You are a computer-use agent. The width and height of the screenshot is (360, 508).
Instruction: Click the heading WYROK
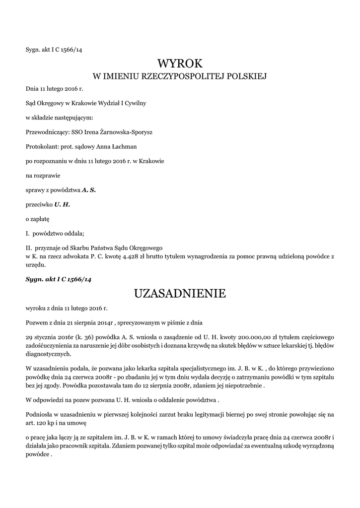[x=180, y=63]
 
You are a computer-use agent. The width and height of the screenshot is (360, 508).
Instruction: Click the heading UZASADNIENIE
[x=180, y=293]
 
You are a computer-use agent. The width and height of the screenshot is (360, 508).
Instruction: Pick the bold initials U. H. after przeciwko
[x=63, y=204]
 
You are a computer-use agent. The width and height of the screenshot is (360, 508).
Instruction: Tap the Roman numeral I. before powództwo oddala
[x=28, y=233]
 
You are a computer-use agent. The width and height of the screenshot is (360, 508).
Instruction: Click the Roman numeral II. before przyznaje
[x=29, y=248]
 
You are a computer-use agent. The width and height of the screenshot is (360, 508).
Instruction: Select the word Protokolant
[x=41, y=146]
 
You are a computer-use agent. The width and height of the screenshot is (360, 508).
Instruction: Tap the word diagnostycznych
[x=48, y=354]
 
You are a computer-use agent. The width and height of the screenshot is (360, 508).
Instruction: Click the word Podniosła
[x=41, y=414]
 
